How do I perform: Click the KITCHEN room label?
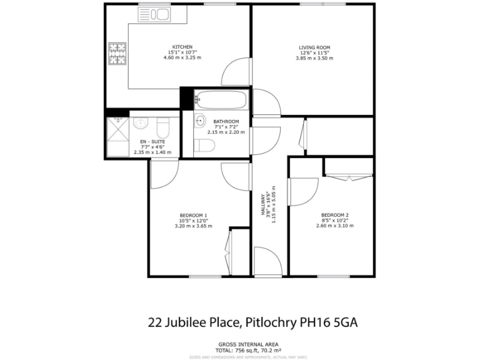tap(182, 47)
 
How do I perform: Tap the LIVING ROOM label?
tap(314, 47)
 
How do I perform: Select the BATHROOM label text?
tap(226, 121)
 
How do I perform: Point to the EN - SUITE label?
tap(152, 142)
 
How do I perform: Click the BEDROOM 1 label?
tap(193, 216)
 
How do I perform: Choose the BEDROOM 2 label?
tap(335, 215)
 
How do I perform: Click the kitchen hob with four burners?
tap(117, 54)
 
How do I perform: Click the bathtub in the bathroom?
tap(214, 98)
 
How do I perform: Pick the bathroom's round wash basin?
tap(201, 120)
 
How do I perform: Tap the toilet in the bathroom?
tap(204, 146)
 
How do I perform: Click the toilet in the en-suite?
tap(162, 129)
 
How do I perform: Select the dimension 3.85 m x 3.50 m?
tap(314, 58)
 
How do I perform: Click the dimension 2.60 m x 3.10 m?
tap(335, 226)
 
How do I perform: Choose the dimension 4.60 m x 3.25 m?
tap(182, 57)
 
